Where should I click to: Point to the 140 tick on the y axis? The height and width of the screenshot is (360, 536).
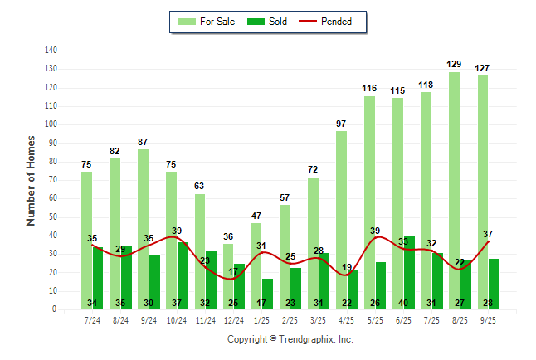[x=51, y=50]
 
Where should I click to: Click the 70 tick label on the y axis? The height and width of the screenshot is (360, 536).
[x=52, y=180]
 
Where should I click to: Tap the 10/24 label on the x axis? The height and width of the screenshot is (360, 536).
[x=177, y=319]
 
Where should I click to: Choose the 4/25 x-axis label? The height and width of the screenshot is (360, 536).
[x=347, y=319]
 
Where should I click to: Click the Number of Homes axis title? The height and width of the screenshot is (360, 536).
[x=32, y=180]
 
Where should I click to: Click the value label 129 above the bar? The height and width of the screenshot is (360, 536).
[x=455, y=64]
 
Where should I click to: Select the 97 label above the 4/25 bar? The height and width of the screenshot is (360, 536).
[x=341, y=124]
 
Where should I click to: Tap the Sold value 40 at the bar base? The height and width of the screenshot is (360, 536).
[x=404, y=303]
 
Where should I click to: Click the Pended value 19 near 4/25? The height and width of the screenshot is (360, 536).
[x=348, y=267]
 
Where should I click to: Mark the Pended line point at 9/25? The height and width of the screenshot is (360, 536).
[x=489, y=241]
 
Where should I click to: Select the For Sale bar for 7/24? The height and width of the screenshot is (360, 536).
[x=87, y=241]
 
